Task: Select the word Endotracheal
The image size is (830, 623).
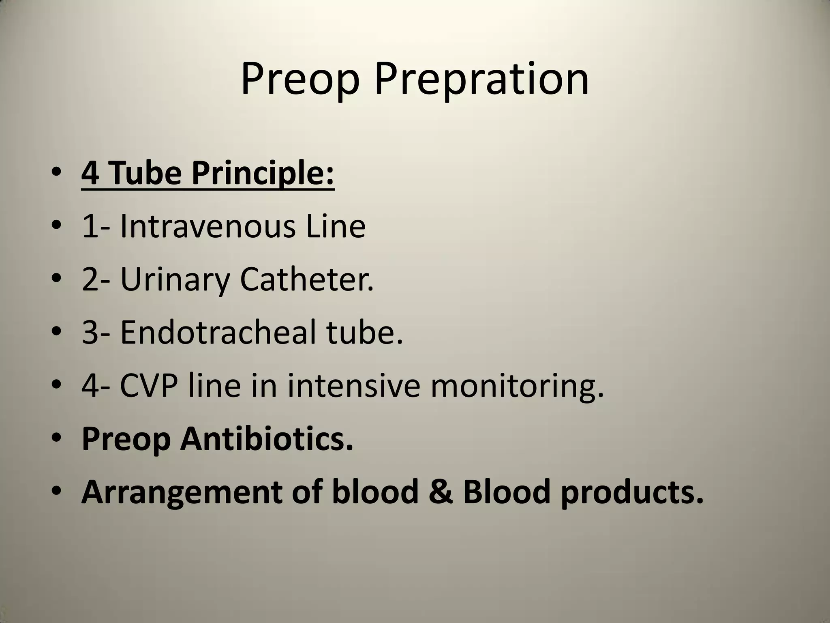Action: click(218, 332)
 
